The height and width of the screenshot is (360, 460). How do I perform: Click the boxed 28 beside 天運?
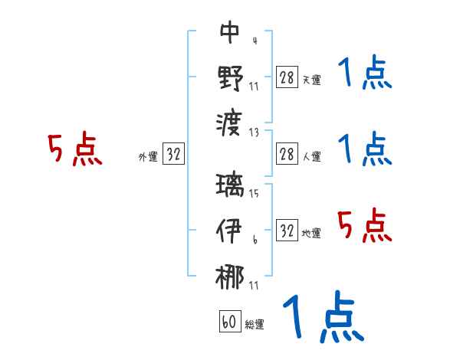(x=287, y=77)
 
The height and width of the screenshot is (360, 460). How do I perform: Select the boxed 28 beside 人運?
(x=287, y=155)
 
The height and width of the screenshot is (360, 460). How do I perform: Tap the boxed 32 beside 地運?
(x=287, y=230)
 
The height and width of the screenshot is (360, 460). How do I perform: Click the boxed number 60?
(x=229, y=322)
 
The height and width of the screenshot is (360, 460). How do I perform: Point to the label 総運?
(x=255, y=325)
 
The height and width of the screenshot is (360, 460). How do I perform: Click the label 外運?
(x=147, y=157)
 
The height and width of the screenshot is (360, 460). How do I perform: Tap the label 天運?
(x=311, y=80)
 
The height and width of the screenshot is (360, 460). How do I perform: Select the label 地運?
(x=311, y=233)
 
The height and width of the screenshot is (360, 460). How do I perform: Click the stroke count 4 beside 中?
(x=254, y=41)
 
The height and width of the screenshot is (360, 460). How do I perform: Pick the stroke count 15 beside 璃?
(x=254, y=194)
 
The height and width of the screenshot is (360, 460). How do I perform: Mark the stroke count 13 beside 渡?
(x=254, y=131)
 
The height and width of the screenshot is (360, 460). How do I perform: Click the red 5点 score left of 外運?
(x=74, y=149)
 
